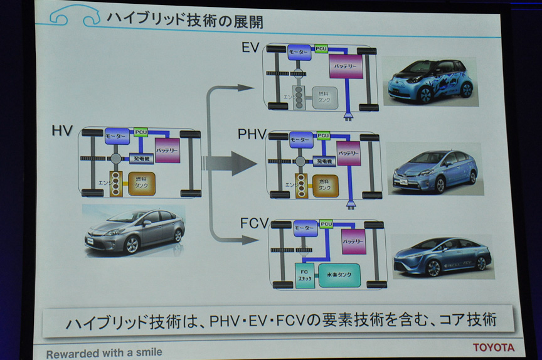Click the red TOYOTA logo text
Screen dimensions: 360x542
pos(493,347)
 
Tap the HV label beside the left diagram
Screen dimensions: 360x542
pos(63,131)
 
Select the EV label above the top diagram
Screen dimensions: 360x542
pos(250,48)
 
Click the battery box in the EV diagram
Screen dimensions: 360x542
pos(346,66)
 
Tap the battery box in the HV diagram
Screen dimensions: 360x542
pos(167,150)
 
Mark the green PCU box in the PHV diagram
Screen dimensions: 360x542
pos(322,135)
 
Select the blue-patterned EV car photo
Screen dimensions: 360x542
pos(430,81)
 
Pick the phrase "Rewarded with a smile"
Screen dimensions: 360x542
pos(104,352)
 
